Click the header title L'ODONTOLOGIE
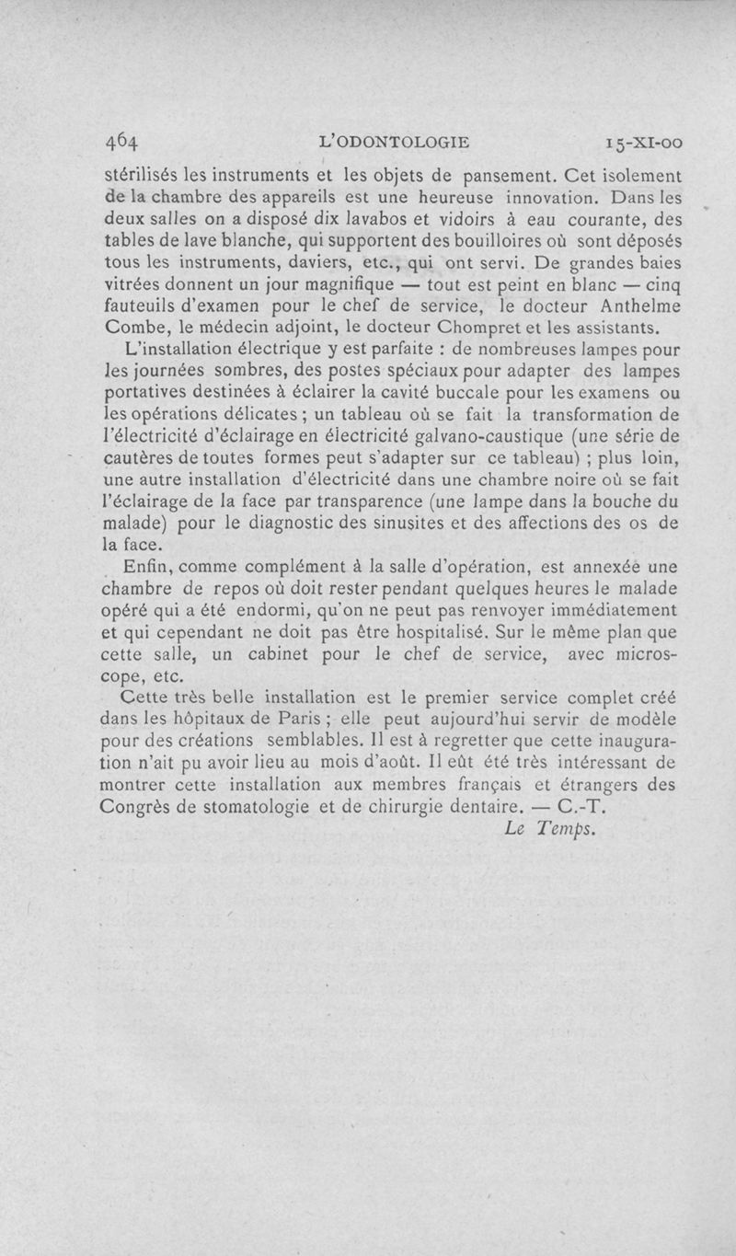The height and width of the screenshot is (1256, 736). click(393, 142)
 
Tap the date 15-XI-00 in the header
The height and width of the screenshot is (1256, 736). click(638, 142)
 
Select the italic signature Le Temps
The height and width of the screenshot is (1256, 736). click(551, 828)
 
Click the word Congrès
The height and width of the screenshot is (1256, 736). click(138, 807)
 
